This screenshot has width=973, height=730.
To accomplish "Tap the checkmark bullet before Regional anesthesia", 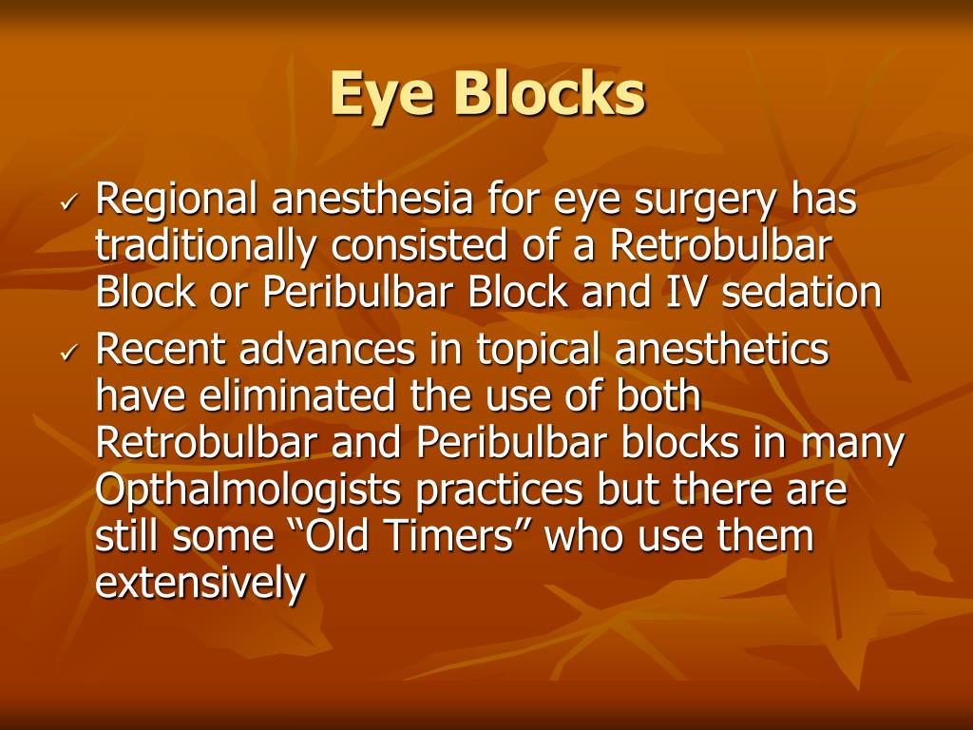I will point(70,203).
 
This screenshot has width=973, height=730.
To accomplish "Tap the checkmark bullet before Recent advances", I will point(70,354).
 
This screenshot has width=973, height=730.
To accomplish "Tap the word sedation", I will point(802,293).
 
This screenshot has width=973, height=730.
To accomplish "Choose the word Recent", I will point(161,350).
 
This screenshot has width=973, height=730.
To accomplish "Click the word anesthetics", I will point(722,350).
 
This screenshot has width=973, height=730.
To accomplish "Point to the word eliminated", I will point(288,396).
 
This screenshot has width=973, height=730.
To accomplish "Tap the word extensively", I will point(200,584).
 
